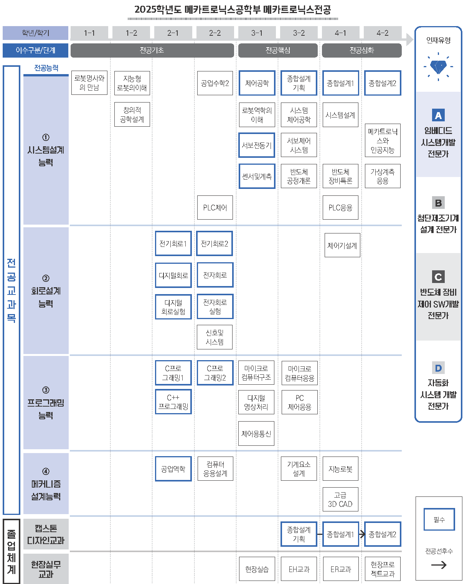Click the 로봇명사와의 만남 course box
tap(89, 83)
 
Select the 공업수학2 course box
tap(215, 83)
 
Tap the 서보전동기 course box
tap(257, 145)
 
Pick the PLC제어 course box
tap(215, 208)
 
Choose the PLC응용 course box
tap(340, 208)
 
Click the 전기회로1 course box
tap(173, 243)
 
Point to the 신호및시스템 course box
tap(215, 337)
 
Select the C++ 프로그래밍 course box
tap(173, 402)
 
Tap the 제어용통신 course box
tap(256, 433)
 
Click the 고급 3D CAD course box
tap(340, 500)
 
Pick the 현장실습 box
tap(257, 569)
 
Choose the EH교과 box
tap(299, 569)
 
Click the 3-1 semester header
tap(257, 33)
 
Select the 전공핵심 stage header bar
tap(278, 50)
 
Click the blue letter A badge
tap(438, 115)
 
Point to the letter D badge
tap(438, 368)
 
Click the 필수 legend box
tap(439, 519)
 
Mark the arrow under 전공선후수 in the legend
tap(439, 565)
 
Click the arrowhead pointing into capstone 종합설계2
tap(362, 534)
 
